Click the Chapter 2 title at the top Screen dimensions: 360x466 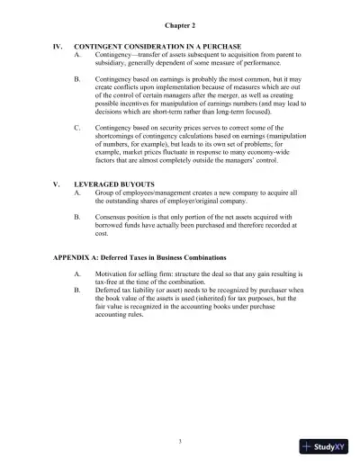coord(179,14)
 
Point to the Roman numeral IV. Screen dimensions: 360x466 coord(60,44)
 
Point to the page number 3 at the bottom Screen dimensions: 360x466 coord(179,440)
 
